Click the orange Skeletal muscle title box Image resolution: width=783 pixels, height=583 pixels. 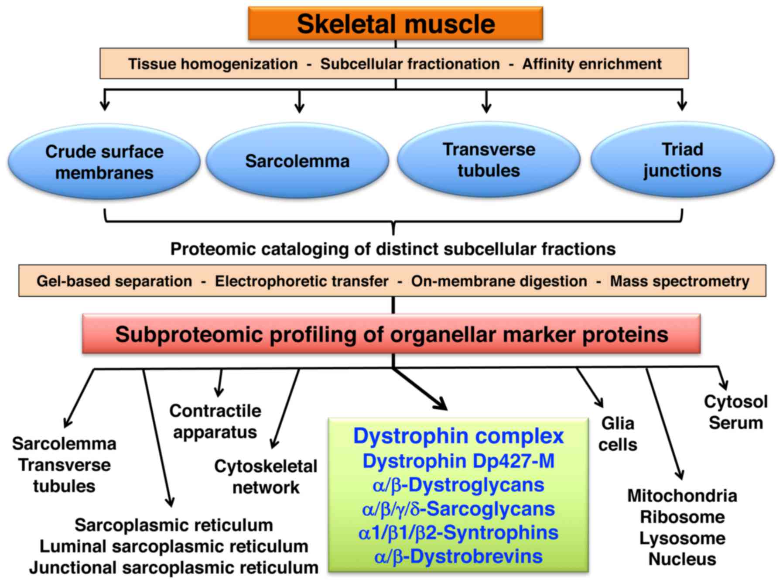tap(395, 24)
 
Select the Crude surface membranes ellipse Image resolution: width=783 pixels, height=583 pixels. tap(104, 162)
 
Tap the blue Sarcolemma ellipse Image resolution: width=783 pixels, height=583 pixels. tap(297, 161)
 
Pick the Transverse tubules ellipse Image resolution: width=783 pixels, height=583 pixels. tap(489, 160)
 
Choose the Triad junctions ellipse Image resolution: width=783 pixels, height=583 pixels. tap(682, 160)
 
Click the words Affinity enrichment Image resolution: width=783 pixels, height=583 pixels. tap(592, 64)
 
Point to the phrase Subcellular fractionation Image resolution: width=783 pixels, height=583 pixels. tap(410, 64)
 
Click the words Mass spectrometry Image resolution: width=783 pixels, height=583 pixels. tap(679, 281)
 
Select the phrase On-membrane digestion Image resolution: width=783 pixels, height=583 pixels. tap(499, 281)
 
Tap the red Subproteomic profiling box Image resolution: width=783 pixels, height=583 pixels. tap(391, 335)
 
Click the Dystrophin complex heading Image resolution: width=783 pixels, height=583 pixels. tap(458, 436)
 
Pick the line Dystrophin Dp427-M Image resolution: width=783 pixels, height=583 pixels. tap(458, 461)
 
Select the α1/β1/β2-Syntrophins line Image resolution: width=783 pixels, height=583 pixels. tap(458, 533)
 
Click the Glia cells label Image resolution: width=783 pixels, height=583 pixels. tap(618, 434)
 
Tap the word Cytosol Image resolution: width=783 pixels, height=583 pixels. tap(735, 402)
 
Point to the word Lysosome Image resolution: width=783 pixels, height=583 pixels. tap(682, 538)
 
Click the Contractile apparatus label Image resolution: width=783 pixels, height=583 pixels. tap(215, 422)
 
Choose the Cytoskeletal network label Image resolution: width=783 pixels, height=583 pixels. tap(266, 477)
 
